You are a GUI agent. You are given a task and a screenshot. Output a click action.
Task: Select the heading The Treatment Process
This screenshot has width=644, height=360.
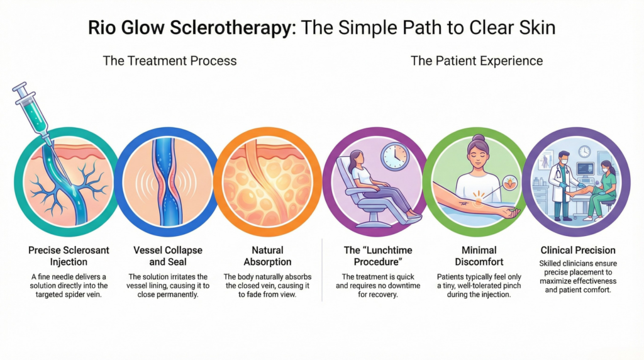[170, 61]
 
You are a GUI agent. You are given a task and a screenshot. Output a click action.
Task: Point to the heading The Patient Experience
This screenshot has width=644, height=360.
[477, 61]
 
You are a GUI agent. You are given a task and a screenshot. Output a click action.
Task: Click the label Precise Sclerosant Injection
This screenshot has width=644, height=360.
[69, 256]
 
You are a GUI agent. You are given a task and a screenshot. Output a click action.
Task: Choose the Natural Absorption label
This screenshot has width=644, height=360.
[267, 256]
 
